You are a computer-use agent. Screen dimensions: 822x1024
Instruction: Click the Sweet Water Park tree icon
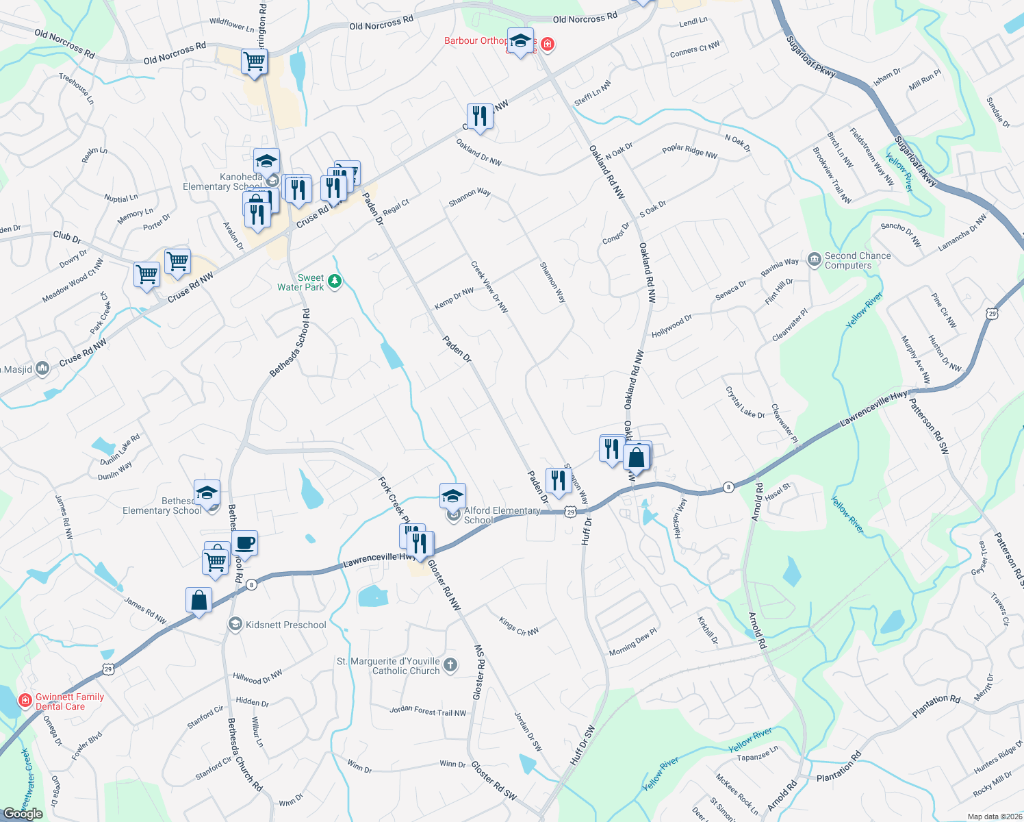(335, 281)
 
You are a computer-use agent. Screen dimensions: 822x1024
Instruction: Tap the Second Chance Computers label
(857, 260)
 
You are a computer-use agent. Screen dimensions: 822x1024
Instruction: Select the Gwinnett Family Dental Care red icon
(25, 701)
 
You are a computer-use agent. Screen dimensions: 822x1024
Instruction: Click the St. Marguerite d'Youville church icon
(450, 664)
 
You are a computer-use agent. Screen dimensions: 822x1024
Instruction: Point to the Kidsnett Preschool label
(285, 625)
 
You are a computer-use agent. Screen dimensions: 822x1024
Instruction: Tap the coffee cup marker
(244, 544)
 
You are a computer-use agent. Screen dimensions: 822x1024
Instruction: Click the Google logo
(23, 814)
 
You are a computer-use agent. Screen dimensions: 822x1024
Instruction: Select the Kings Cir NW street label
(518, 627)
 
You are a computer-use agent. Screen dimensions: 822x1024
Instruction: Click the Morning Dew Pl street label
(632, 642)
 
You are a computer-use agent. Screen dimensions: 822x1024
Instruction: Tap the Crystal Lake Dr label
(745, 402)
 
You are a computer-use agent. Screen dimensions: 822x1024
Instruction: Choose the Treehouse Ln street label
(77, 88)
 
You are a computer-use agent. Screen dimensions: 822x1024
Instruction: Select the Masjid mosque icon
(42, 369)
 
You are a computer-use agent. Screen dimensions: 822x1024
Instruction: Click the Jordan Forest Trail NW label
(428, 711)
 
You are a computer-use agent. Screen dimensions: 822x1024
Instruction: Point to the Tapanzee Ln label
(757, 754)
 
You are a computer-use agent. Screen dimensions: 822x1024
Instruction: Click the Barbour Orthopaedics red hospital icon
(547, 45)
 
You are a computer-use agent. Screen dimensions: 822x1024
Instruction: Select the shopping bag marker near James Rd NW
(199, 601)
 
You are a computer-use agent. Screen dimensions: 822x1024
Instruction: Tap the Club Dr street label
(67, 237)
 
